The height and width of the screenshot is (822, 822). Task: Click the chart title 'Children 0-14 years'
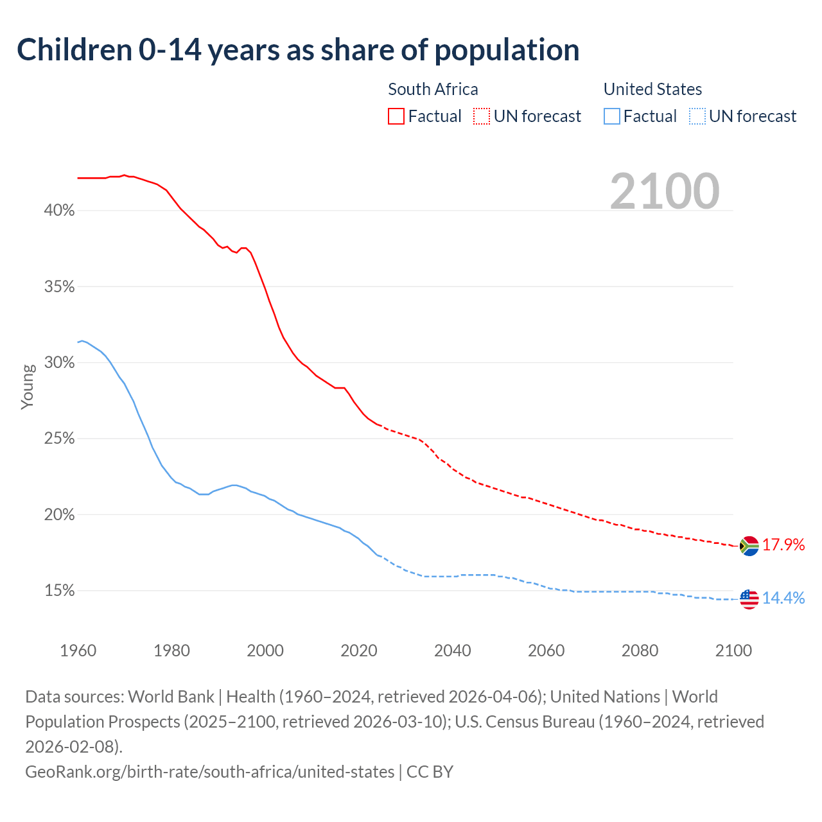point(298,50)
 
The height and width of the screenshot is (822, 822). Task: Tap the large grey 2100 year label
point(665,191)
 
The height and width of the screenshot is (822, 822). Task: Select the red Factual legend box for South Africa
point(396,116)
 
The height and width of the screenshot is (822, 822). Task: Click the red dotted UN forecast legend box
point(482,116)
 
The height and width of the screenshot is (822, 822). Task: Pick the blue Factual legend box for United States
point(612,116)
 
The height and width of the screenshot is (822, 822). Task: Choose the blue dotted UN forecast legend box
point(697,116)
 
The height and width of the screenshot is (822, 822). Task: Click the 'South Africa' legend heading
point(433,89)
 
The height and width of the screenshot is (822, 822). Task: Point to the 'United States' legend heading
point(652,89)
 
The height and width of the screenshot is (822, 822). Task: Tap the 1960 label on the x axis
point(78,651)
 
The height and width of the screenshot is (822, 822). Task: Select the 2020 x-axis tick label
point(359,651)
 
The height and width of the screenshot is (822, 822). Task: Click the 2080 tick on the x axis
point(640,651)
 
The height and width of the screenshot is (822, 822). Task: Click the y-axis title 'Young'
point(28,387)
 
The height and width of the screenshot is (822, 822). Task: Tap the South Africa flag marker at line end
point(749,546)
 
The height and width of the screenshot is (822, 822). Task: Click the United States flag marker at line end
point(749,599)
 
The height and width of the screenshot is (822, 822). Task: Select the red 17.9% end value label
point(783,545)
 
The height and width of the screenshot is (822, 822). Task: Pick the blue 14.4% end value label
point(783,599)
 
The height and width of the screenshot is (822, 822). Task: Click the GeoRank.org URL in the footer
point(209,771)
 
